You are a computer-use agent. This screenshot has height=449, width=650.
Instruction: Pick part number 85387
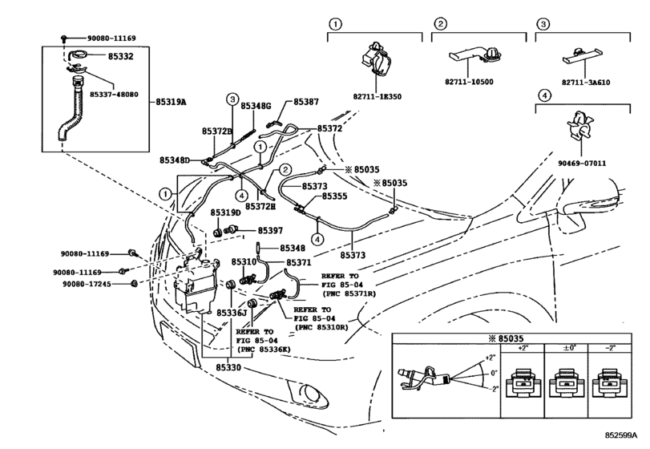[x=305, y=102]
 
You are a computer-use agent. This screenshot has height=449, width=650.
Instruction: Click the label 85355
[x=334, y=196]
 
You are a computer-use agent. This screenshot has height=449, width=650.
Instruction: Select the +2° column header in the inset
[x=524, y=348]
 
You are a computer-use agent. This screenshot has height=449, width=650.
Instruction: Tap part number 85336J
[x=229, y=313]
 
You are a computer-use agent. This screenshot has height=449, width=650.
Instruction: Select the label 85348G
[x=256, y=106]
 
